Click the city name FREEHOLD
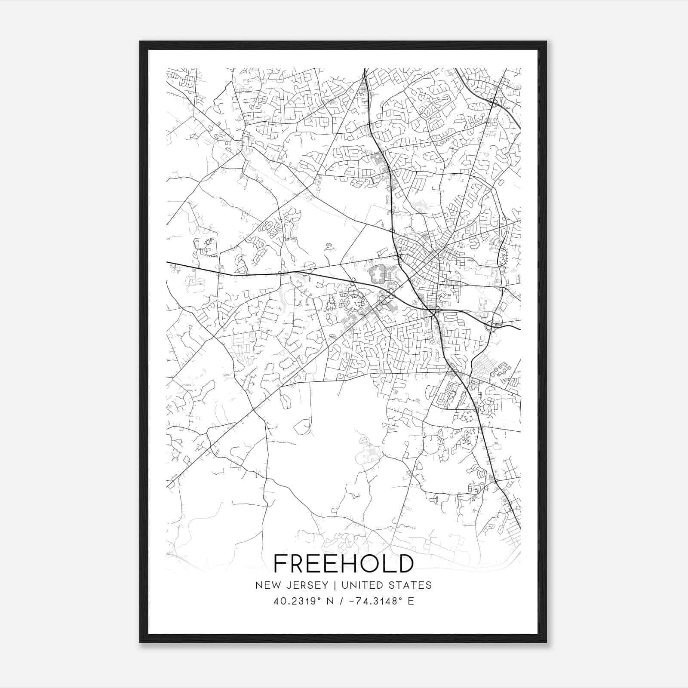(x=344, y=563)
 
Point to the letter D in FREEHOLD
(x=405, y=563)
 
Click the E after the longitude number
(x=411, y=601)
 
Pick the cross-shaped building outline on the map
(x=377, y=274)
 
